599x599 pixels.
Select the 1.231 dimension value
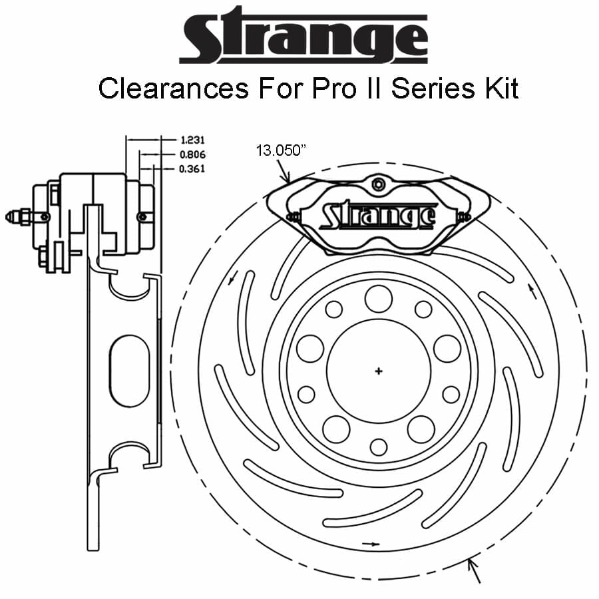192,140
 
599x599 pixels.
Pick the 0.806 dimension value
192,154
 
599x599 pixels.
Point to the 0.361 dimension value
192,168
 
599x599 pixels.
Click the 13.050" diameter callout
280,151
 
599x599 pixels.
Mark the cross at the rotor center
379,370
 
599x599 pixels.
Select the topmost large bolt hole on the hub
379,298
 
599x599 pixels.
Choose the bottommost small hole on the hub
379,446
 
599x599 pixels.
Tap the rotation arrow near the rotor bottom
371,544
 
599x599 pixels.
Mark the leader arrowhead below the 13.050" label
288,179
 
